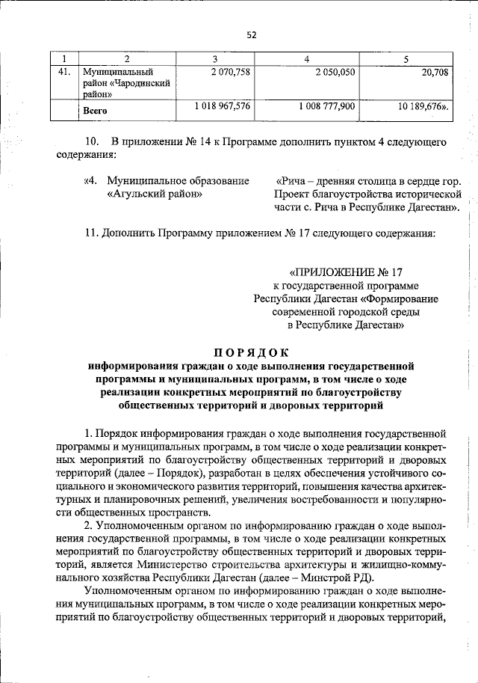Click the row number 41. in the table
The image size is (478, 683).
coord(64,72)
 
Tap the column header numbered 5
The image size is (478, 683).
coord(406,58)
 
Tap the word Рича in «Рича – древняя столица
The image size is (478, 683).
coord(294,181)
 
